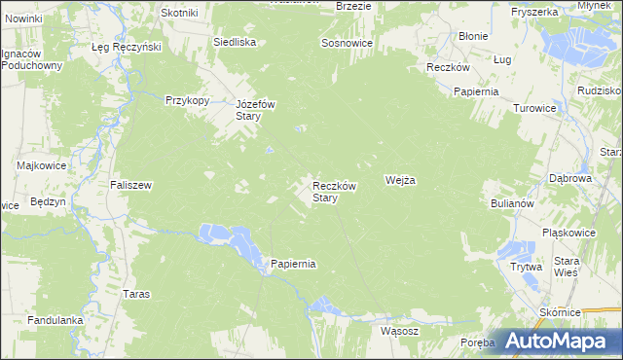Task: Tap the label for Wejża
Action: (x=401, y=180)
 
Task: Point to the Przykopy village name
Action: (x=188, y=99)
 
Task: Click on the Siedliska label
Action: (x=235, y=43)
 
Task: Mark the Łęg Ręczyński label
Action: (x=126, y=47)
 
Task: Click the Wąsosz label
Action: (x=399, y=331)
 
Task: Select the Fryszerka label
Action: (x=533, y=12)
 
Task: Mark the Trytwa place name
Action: (x=526, y=266)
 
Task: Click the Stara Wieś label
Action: (x=566, y=267)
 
